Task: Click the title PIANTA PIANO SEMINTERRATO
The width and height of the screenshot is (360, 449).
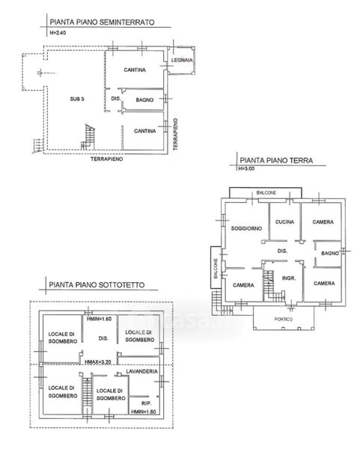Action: click(x=102, y=22)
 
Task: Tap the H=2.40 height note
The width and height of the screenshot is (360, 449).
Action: click(x=58, y=33)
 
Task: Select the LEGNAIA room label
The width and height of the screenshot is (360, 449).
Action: click(x=182, y=60)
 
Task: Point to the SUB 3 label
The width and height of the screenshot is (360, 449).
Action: click(x=77, y=99)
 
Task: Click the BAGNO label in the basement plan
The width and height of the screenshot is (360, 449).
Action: click(x=144, y=100)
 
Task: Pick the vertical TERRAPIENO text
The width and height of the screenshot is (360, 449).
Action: click(x=176, y=134)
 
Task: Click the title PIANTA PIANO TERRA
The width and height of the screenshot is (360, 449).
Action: click(x=276, y=160)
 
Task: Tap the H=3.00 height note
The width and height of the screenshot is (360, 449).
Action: click(x=246, y=168)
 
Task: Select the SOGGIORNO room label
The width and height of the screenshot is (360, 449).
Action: click(x=246, y=228)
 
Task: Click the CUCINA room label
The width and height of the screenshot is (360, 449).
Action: click(x=284, y=222)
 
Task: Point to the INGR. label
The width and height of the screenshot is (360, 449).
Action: click(x=289, y=278)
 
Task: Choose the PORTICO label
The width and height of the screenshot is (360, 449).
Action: click(x=284, y=320)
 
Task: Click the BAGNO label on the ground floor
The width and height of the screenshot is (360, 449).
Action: click(x=330, y=254)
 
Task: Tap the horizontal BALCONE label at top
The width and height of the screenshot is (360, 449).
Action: click(x=266, y=193)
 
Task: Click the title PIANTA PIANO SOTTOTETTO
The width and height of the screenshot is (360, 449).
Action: click(x=97, y=285)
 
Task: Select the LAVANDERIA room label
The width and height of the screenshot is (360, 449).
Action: click(x=141, y=371)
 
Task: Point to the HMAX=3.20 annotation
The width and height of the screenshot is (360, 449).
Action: click(x=98, y=362)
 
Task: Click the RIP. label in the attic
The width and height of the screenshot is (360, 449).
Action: click(x=147, y=403)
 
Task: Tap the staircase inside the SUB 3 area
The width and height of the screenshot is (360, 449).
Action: click(x=88, y=138)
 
